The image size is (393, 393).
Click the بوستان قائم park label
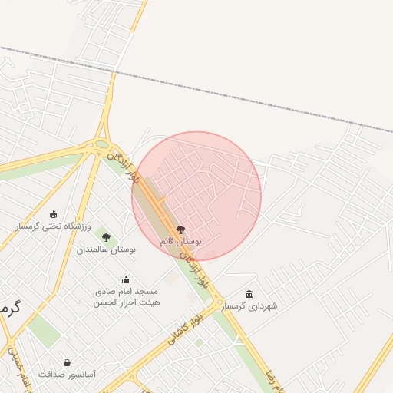pos(180,241)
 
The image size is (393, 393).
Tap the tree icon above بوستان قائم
pos(181,230)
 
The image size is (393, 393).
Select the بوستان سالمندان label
pos(106,249)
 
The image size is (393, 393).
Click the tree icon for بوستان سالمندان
pos(106,237)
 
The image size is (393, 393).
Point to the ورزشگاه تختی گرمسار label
pos(54,226)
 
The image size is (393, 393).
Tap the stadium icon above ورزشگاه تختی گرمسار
pos(53,214)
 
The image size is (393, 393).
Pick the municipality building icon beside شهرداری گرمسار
pos(249,294)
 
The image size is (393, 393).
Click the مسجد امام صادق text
pos(126,292)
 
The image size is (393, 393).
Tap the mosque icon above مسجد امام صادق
pos(126,280)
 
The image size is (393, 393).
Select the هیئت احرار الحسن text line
pos(126,302)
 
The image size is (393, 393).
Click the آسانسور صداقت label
pos(67,374)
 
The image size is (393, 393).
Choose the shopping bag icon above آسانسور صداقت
pos(67,362)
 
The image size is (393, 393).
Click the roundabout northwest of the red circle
pos(101,143)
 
